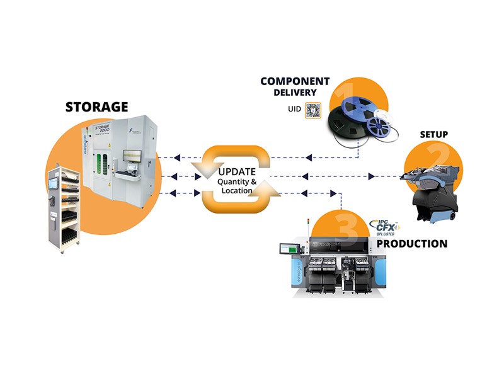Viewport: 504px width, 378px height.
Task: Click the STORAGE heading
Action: pyautogui.click(x=97, y=106)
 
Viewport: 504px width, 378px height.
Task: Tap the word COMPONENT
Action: pyautogui.click(x=295, y=81)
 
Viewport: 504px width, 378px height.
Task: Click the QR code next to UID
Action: pyautogui.click(x=313, y=110)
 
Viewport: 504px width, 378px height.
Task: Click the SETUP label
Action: pyautogui.click(x=434, y=135)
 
